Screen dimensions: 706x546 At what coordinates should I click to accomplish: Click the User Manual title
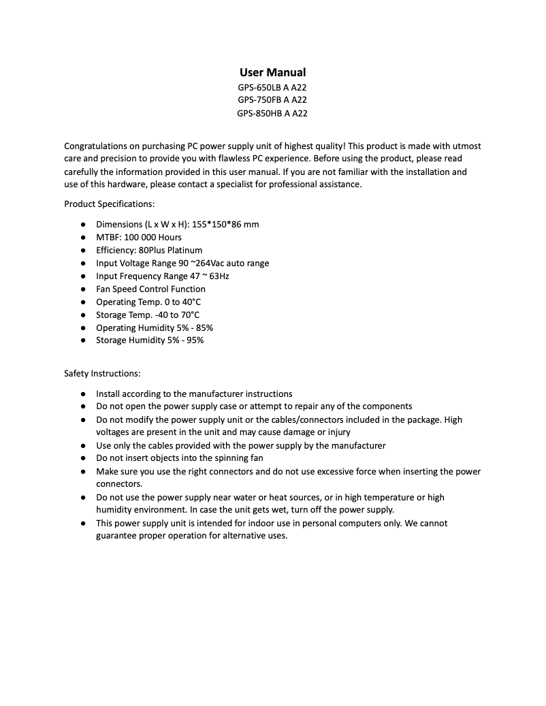pos(272,72)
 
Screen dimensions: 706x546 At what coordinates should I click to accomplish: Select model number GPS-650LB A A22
pos(272,87)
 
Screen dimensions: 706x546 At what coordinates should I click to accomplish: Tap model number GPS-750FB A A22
pos(272,100)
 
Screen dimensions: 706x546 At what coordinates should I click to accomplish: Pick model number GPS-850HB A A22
pos(272,113)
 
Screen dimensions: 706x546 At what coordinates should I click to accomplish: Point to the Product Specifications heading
pos(109,204)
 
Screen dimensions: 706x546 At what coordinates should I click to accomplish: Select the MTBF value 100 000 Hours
pos(152,237)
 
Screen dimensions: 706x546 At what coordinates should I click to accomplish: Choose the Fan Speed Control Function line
pos(150,289)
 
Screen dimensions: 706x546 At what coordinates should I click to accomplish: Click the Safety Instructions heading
pos(102,374)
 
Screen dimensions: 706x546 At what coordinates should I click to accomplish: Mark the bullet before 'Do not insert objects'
pos(82,458)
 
